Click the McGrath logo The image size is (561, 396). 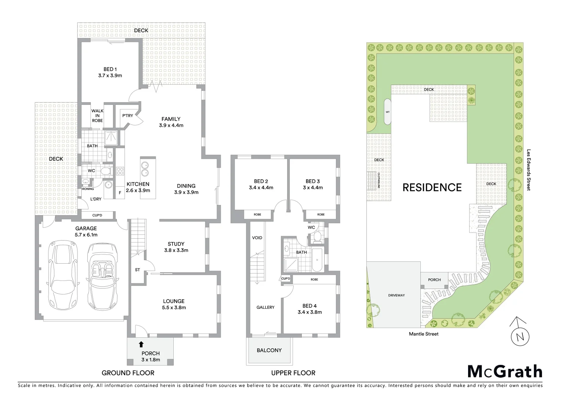pos(504,371)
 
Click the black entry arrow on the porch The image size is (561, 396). pos(141,344)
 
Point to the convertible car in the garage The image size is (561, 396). pos(102,271)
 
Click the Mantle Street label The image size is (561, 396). pos(424,334)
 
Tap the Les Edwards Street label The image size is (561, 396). pos(529,169)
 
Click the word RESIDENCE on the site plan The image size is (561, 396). pos(432,187)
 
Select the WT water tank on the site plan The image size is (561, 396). pos(387,112)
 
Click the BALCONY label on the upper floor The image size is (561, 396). pos(269,350)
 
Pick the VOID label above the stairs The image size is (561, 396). pos(257,238)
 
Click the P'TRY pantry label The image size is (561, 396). pos(127,116)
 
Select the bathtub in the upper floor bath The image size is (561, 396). pos(316,260)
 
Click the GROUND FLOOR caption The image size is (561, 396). pos(128,373)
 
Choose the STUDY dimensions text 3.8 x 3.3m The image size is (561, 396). pos(176,250)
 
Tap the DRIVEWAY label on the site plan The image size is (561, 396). pos(396,295)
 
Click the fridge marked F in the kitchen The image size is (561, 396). pos(119,193)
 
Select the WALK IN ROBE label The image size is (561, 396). pos(97,115)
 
